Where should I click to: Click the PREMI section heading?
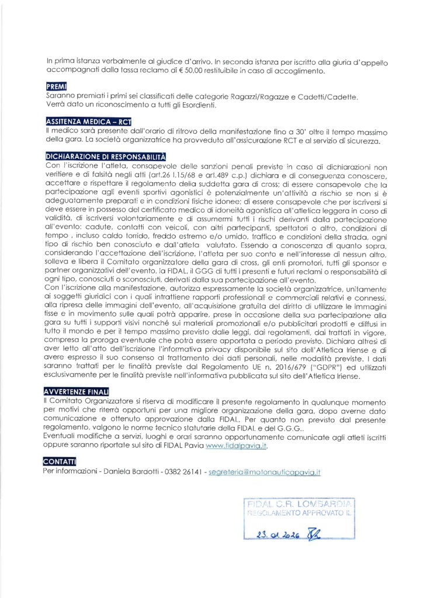57,86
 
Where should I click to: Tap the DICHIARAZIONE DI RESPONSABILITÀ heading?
106,157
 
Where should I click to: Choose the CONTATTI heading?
60,461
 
